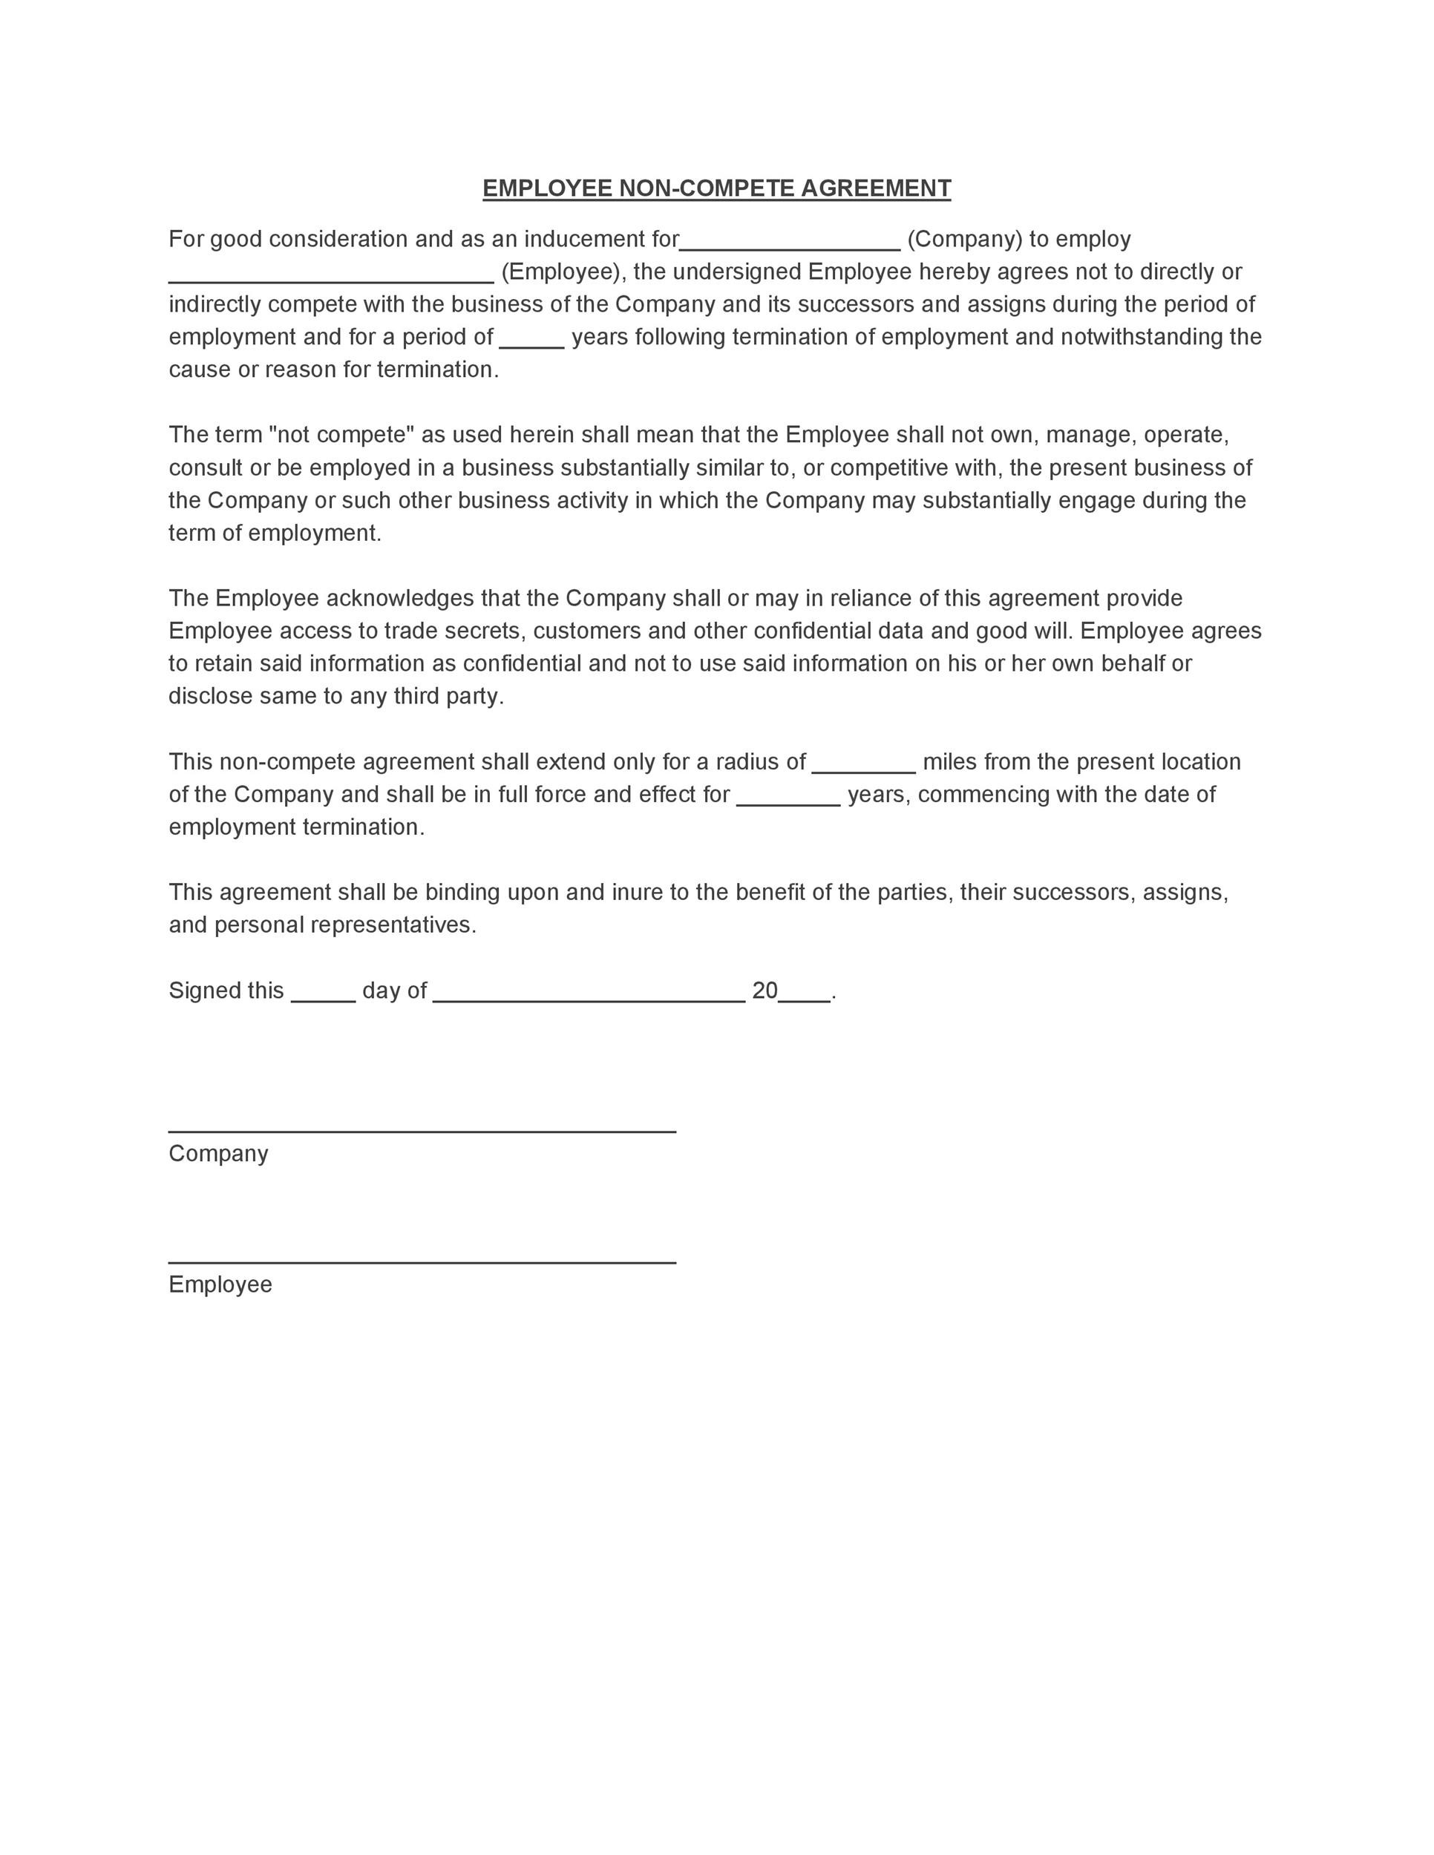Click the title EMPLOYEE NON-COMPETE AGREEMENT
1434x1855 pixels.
716,188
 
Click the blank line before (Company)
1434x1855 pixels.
789,245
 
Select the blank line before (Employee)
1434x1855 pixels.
330,277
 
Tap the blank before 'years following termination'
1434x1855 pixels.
531,342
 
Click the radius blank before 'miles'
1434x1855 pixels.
863,767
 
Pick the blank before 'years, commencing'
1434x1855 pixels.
788,800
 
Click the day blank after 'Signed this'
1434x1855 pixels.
323,997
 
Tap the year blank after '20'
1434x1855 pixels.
804,997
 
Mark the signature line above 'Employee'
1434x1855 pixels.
422,1261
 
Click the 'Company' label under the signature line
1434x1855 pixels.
218,1153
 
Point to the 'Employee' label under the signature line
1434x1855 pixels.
220,1284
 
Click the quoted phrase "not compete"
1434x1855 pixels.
341,435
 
